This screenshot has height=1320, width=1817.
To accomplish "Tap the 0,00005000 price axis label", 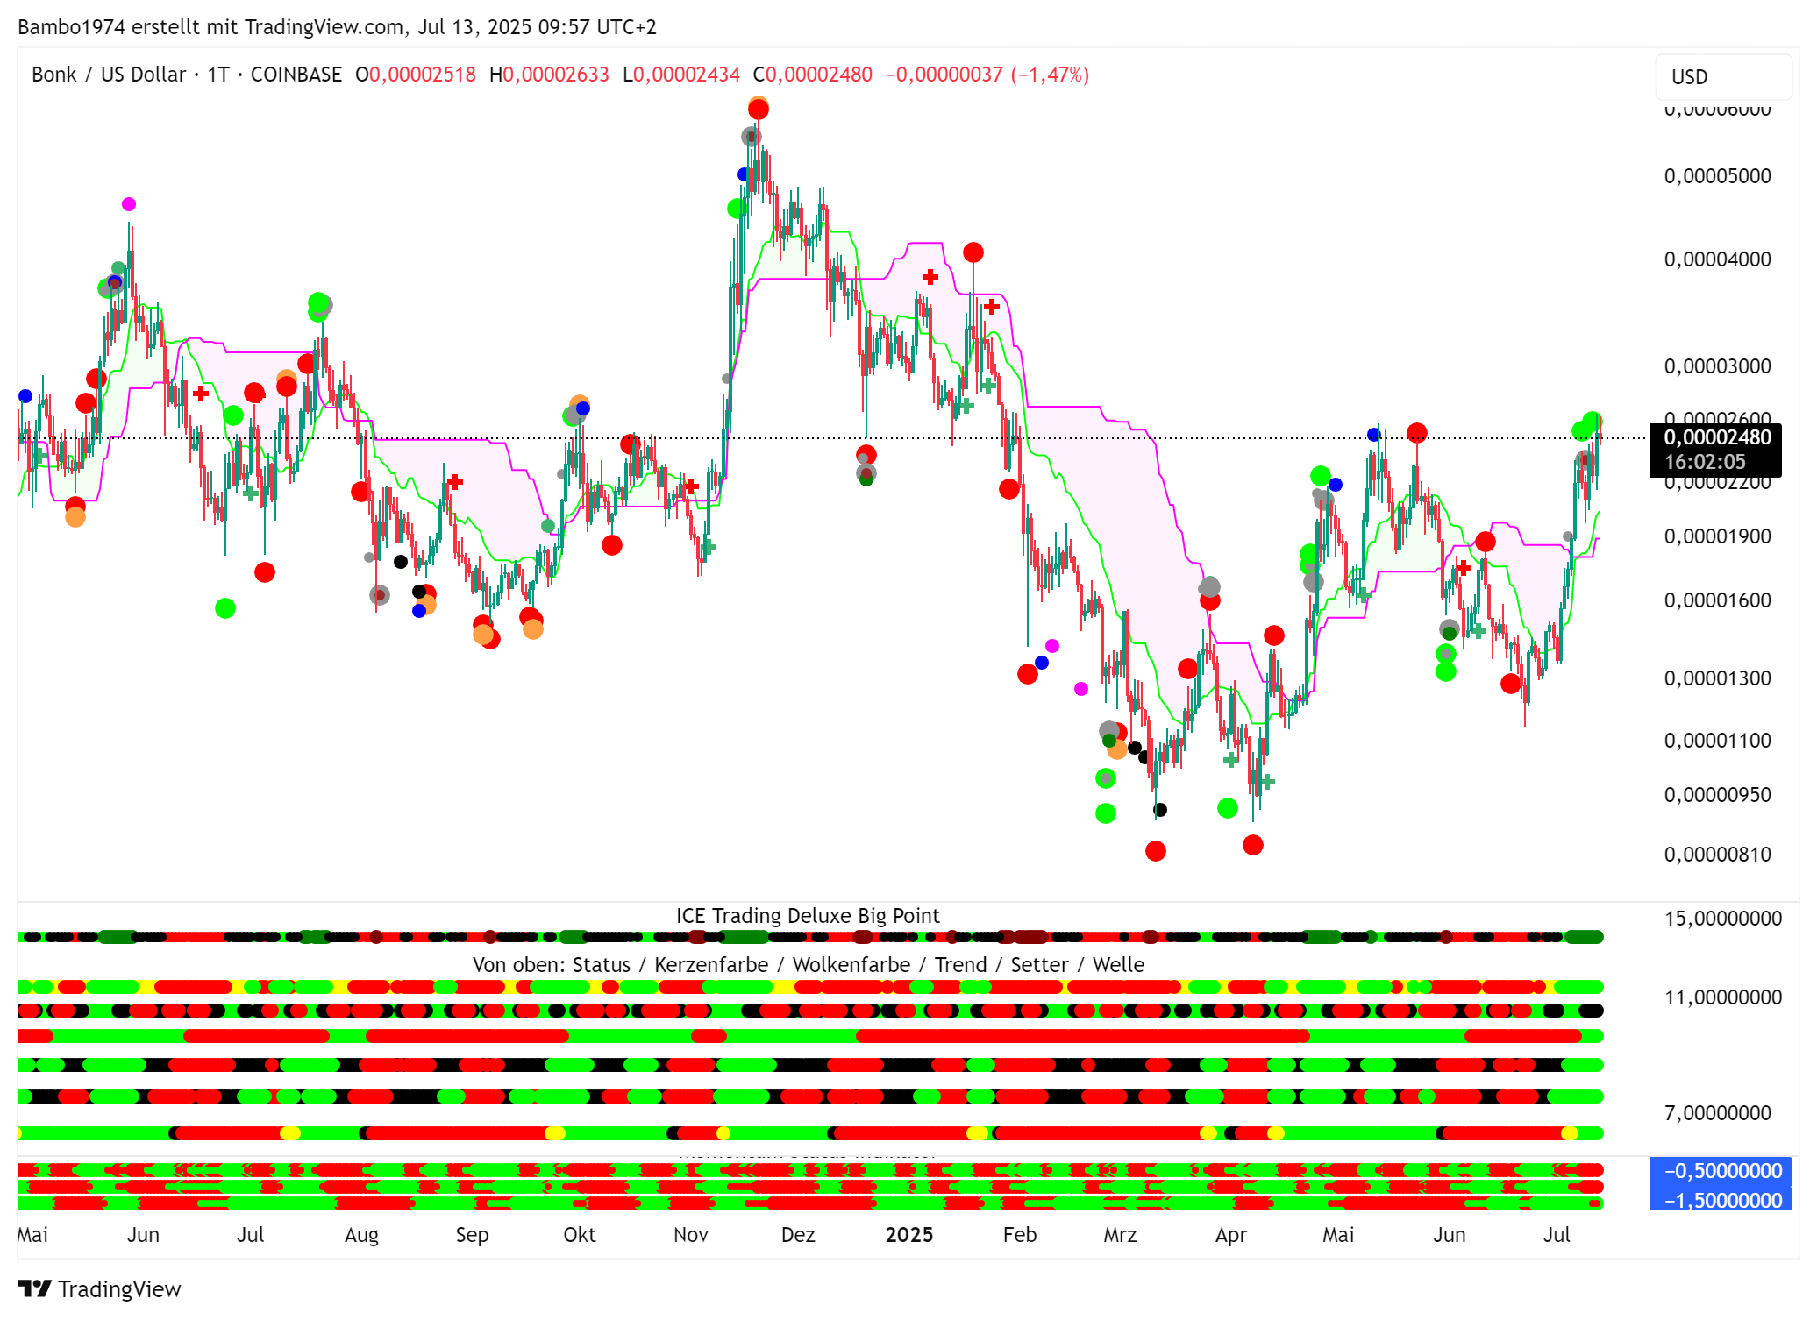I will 1717,176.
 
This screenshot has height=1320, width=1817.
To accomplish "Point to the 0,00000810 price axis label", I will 1717,855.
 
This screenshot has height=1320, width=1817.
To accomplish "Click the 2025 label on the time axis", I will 908,1235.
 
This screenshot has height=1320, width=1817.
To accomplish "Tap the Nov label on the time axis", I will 690,1235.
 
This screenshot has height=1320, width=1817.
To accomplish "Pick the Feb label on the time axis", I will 1019,1235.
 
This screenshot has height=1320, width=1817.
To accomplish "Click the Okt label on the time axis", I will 579,1235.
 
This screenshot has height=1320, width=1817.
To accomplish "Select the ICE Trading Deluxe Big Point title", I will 807,916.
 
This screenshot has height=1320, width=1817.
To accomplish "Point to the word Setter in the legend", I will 1039,965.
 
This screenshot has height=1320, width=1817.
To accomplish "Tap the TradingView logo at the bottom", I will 99,1289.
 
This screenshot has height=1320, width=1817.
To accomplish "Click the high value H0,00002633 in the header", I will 549,75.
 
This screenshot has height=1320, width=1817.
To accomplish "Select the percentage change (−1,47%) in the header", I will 1050,75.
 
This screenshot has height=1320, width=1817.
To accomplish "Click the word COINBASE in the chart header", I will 296,75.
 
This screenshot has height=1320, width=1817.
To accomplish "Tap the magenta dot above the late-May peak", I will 129,204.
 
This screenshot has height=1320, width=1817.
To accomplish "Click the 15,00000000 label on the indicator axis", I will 1722,919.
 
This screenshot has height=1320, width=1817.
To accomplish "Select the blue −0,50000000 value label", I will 1721,1171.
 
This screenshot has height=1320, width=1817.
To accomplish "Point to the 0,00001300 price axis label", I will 1717,678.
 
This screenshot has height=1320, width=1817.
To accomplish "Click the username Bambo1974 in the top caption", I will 70,27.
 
